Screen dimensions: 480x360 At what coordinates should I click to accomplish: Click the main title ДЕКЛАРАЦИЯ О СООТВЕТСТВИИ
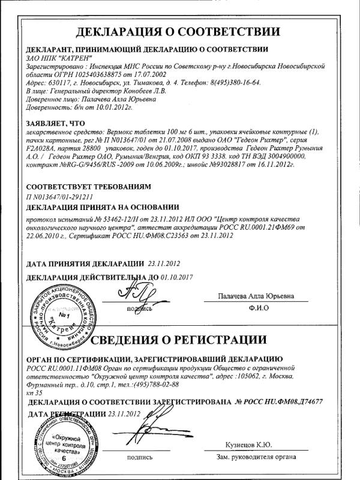click(x=179, y=32)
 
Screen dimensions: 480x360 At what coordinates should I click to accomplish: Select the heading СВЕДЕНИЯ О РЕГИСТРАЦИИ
click(x=216, y=341)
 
